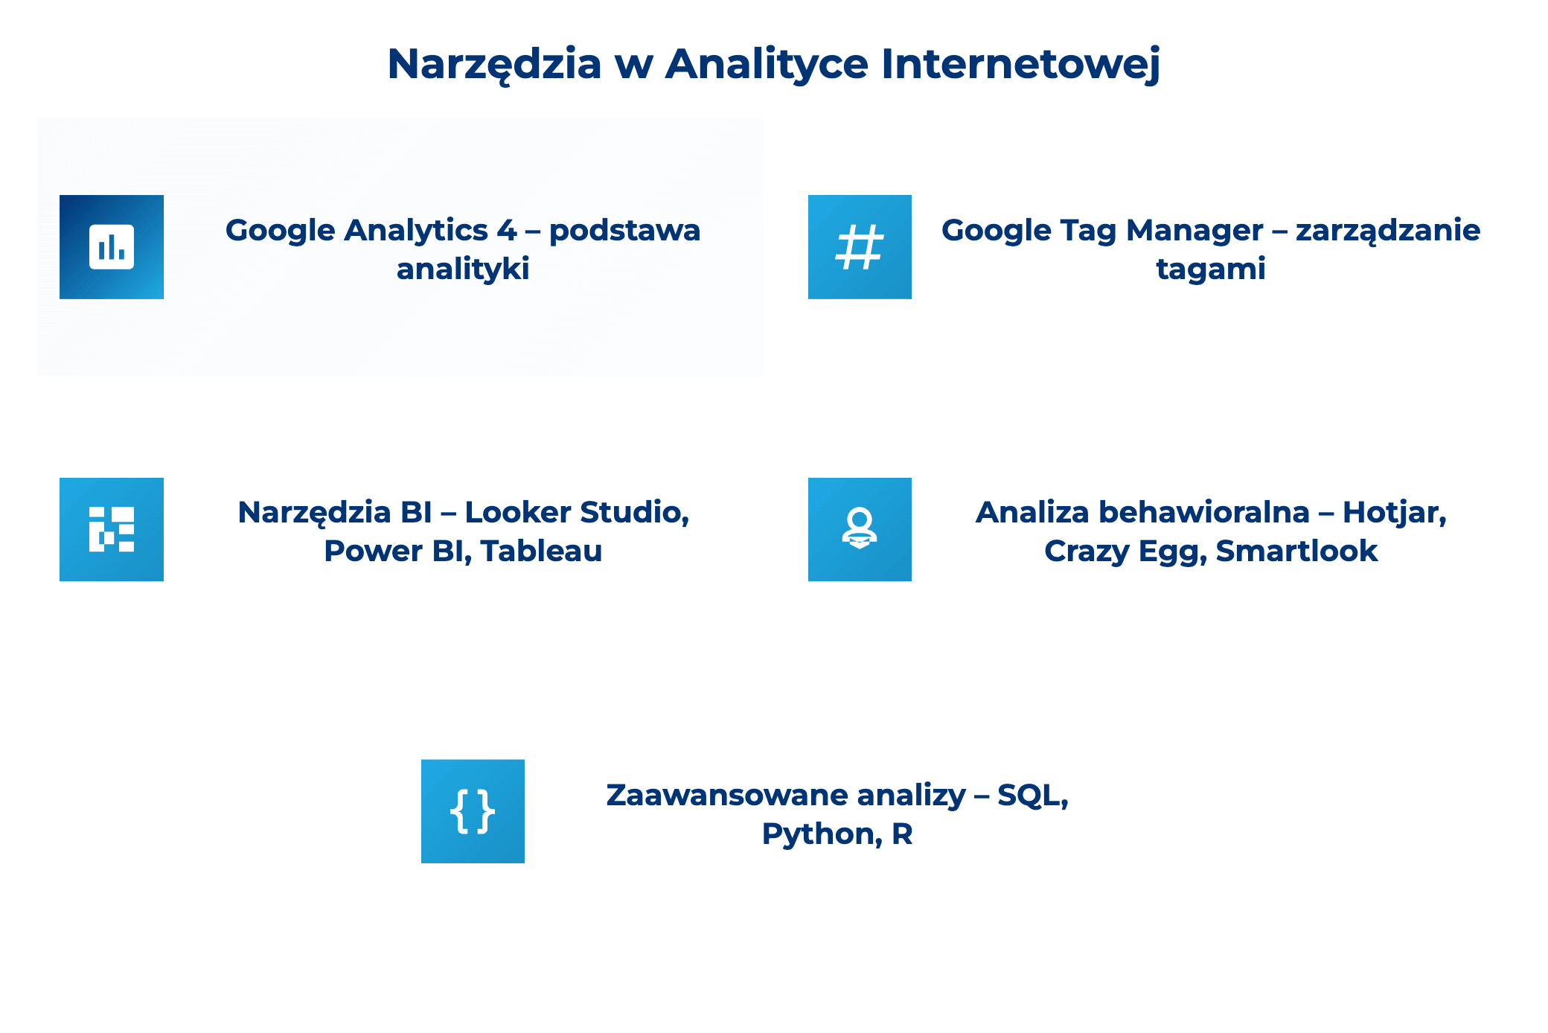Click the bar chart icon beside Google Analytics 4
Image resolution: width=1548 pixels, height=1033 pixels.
tap(112, 247)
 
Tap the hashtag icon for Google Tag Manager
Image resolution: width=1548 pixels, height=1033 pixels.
tap(860, 247)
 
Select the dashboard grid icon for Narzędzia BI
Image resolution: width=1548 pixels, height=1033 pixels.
tap(112, 529)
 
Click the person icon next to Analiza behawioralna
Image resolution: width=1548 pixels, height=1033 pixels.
tap(860, 529)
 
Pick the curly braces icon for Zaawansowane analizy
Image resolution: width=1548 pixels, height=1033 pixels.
tap(473, 811)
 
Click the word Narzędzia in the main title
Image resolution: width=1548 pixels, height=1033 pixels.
tap(494, 64)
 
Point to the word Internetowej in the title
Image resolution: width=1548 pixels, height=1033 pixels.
tap(1020, 64)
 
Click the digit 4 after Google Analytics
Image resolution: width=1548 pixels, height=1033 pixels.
tap(507, 231)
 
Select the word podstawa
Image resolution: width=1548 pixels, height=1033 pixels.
tap(624, 231)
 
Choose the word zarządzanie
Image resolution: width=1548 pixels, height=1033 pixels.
tap(1388, 231)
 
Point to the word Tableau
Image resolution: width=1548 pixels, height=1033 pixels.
tap(541, 551)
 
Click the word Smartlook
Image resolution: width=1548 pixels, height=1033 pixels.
tap(1296, 551)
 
